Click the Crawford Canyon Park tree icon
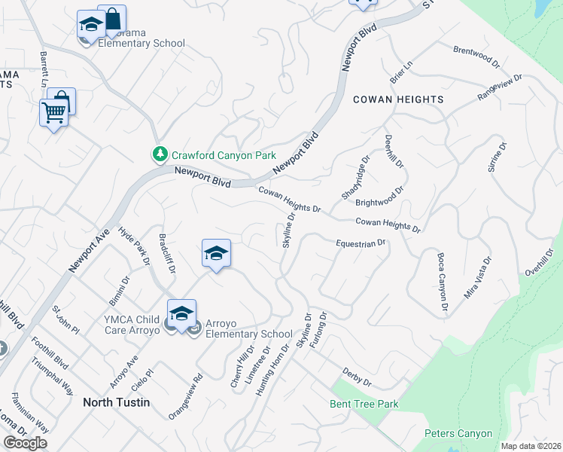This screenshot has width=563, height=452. [160, 155]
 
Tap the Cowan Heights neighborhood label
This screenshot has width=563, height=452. [398, 99]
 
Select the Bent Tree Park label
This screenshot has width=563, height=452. [364, 405]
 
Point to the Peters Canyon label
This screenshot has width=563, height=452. [458, 433]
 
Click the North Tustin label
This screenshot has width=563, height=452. [116, 402]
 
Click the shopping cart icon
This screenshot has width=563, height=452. [53, 114]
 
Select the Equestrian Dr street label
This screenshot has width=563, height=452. [361, 243]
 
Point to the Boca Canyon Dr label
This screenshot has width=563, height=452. [443, 282]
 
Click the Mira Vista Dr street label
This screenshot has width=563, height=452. [477, 278]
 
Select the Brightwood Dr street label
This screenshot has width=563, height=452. [379, 197]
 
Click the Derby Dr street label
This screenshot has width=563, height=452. [357, 377]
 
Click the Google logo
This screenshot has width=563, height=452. [25, 443]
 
